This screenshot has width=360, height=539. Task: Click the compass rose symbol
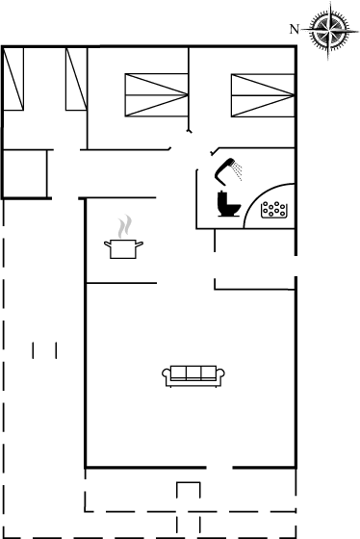point(329,30)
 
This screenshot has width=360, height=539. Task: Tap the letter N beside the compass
point(295,30)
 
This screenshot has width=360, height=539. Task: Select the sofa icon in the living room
point(193,376)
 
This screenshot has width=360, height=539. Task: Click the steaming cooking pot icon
point(123,248)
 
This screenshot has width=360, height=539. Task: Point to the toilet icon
point(229,204)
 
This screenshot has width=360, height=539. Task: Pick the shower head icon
point(224,171)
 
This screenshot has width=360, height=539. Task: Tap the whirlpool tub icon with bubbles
point(274,210)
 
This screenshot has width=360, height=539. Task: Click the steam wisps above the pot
point(124,226)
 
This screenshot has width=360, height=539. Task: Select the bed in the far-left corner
point(13,79)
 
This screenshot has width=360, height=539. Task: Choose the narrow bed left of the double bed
point(76,79)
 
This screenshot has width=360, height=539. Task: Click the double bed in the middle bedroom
point(157,95)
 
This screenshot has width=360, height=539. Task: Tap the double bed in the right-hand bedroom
point(263,95)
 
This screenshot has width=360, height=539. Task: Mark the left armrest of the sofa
point(167,375)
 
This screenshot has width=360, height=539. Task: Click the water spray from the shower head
point(237,171)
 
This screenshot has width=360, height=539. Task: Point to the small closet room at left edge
point(25,174)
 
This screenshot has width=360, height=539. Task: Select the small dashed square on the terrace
point(189,490)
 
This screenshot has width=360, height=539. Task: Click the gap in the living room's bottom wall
point(219,468)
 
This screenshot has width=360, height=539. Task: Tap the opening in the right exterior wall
point(296,266)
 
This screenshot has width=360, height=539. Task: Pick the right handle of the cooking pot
point(140,244)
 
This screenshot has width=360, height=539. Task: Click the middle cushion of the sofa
point(193,372)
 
